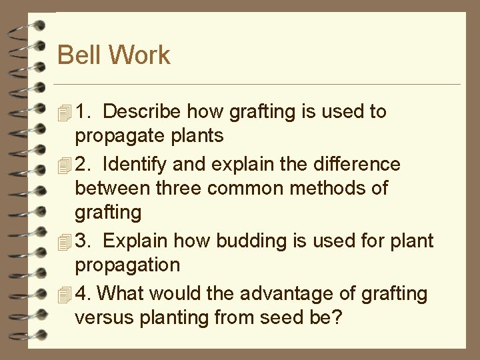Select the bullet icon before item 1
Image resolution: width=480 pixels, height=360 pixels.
(x=64, y=112)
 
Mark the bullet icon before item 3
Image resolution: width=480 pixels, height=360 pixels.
(x=64, y=241)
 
